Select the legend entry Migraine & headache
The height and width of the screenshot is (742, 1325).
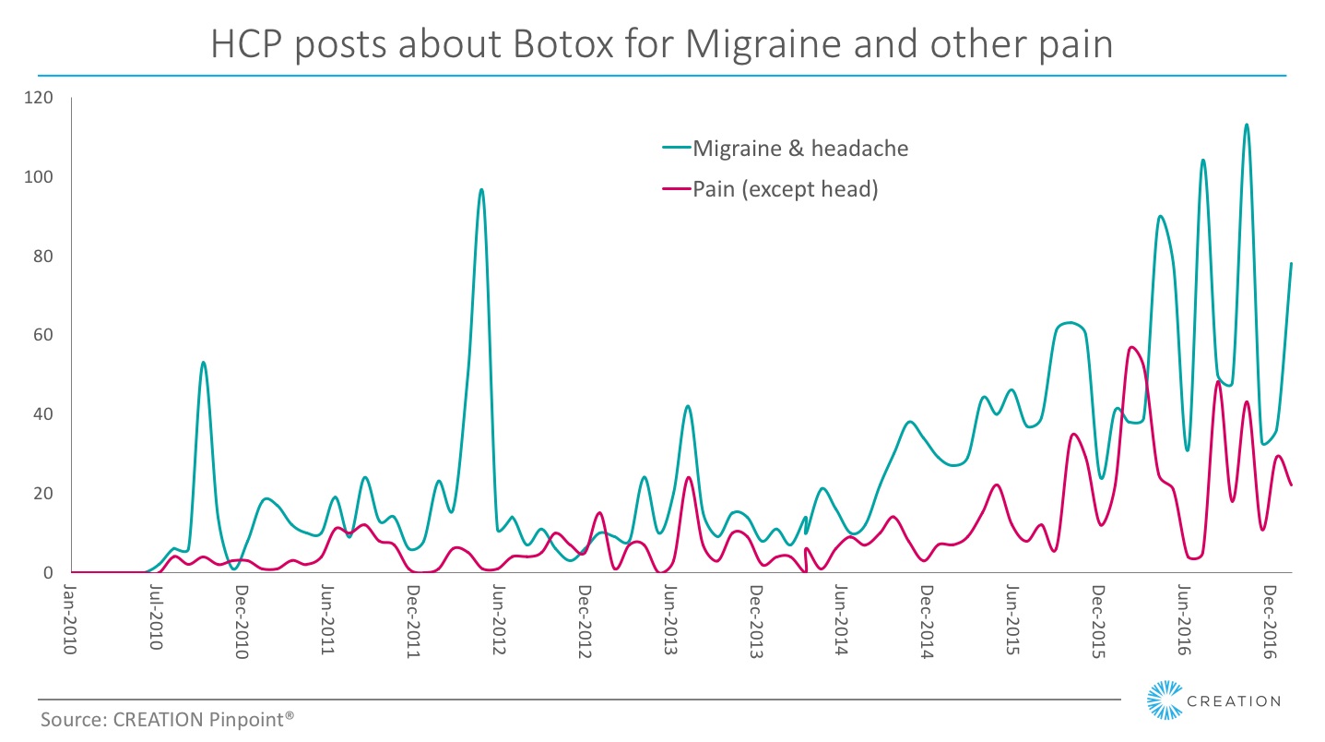pos(799,149)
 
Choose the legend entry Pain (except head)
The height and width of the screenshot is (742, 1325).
pos(784,190)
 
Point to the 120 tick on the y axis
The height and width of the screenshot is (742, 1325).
pos(41,98)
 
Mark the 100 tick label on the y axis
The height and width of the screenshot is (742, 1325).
pos(41,177)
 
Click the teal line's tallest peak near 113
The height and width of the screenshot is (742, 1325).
pos(1246,125)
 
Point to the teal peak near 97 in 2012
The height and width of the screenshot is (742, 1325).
pos(481,189)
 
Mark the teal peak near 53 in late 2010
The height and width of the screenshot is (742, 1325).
pos(203,363)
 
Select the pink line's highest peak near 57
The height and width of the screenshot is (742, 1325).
pos(1131,347)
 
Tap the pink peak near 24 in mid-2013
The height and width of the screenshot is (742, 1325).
pos(688,477)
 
